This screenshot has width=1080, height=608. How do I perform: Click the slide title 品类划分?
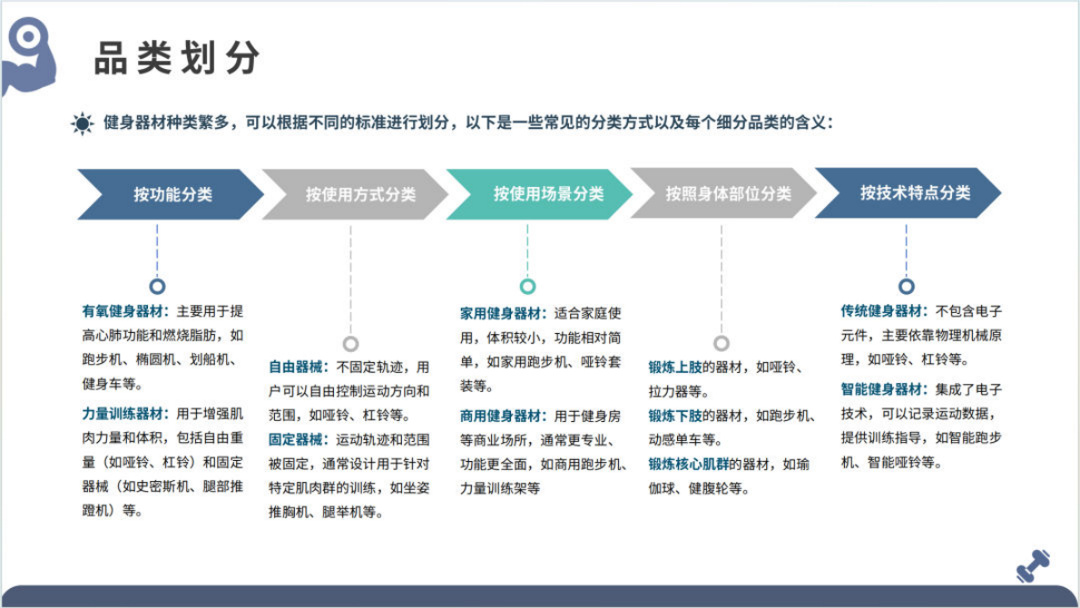[x=177, y=59]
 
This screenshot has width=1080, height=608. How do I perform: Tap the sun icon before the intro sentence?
[x=83, y=123]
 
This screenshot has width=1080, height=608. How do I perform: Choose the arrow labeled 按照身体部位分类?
[x=726, y=194]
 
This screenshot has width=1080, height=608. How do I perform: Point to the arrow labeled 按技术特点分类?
[x=912, y=193]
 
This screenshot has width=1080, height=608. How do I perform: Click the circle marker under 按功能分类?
[x=157, y=287]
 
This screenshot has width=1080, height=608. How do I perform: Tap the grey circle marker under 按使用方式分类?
[x=350, y=344]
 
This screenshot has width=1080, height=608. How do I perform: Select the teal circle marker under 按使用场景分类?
[x=527, y=287]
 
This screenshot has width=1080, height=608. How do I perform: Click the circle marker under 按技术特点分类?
[x=906, y=287]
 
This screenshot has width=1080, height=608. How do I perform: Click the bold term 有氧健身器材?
[x=124, y=311]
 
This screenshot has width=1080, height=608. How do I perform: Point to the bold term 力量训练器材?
[x=124, y=414]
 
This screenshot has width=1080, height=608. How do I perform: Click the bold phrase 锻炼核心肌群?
[x=689, y=465]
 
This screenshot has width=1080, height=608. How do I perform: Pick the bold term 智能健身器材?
[x=883, y=389]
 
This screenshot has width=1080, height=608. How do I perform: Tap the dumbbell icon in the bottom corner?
[x=1032, y=565]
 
